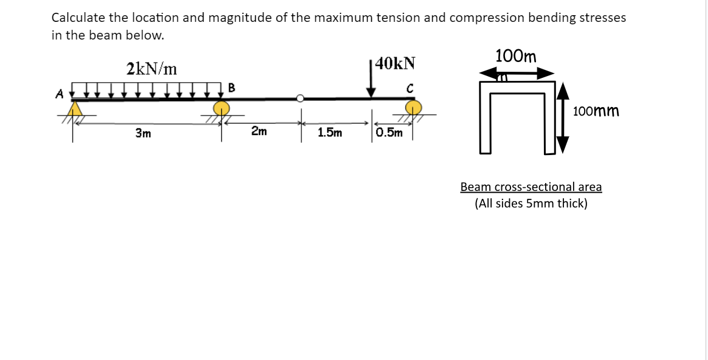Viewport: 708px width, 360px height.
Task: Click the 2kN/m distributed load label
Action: click(152, 69)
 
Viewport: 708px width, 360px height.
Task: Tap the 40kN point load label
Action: click(396, 63)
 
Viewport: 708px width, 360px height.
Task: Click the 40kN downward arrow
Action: click(371, 79)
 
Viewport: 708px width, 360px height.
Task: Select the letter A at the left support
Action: click(60, 94)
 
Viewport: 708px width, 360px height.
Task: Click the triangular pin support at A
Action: click(75, 109)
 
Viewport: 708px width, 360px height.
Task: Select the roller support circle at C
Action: click(414, 108)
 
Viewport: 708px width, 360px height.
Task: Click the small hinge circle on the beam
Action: click(300, 98)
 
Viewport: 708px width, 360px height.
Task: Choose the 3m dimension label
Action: click(143, 133)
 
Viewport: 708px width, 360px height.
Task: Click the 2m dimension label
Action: click(259, 132)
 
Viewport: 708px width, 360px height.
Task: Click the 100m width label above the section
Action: click(516, 57)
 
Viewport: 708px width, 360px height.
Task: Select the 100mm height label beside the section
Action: click(596, 111)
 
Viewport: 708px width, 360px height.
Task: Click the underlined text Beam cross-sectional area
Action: click(531, 187)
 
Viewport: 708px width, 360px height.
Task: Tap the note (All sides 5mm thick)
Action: click(531, 204)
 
